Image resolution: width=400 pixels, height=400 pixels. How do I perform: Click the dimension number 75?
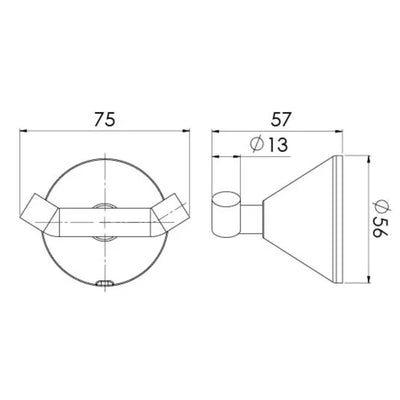104,119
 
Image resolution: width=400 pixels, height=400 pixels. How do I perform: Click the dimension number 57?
281,119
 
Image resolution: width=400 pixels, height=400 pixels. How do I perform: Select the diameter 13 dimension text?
269,145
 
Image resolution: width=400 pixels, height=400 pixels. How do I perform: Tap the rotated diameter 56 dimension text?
380,218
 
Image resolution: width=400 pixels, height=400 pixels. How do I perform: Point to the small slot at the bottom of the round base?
105,283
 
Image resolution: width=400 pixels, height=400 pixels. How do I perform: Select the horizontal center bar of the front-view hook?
105,222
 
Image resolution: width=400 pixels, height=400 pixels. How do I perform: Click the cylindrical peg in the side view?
226,214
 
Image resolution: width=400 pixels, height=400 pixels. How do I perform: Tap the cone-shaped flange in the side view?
299,220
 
